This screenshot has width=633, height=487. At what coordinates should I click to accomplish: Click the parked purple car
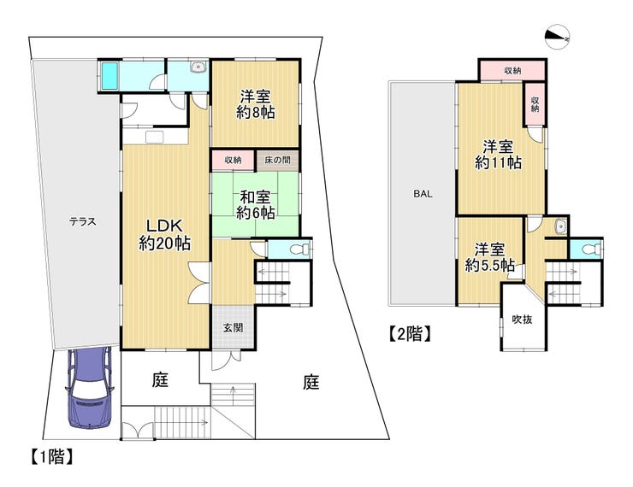pos(89,387)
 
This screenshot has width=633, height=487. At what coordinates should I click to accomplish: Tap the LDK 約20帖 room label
pos(165,235)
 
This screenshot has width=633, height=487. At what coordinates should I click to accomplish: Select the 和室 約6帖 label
pos(256,205)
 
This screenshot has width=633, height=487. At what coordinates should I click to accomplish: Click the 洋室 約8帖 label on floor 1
pos(256,104)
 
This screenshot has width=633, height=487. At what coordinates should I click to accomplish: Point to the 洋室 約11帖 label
pos(498,155)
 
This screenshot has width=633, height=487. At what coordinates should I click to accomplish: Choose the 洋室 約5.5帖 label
pos(489,257)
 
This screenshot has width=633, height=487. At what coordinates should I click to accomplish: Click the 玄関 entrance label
pos(234,328)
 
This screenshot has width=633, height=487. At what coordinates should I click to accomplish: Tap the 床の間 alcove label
pos(277,160)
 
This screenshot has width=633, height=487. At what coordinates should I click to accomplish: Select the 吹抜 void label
pos(522,320)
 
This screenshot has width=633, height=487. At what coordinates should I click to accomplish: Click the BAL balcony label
pos(423,194)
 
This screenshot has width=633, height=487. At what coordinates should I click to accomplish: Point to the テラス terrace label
pos(82,221)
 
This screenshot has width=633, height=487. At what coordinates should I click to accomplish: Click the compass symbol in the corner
pos(557,37)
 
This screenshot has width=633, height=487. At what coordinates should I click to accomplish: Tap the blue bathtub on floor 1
pos(109,76)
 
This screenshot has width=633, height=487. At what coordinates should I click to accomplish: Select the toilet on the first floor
pos(299,249)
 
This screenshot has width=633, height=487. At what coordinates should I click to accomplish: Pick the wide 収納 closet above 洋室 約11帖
pos(512,71)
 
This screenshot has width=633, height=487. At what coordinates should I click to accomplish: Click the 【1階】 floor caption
pos(52,457)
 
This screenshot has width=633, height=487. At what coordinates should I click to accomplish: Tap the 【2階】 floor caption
pos(410,334)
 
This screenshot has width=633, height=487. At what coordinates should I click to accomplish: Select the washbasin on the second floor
pos(561,226)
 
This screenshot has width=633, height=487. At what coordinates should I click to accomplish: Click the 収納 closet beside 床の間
pos(233,160)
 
